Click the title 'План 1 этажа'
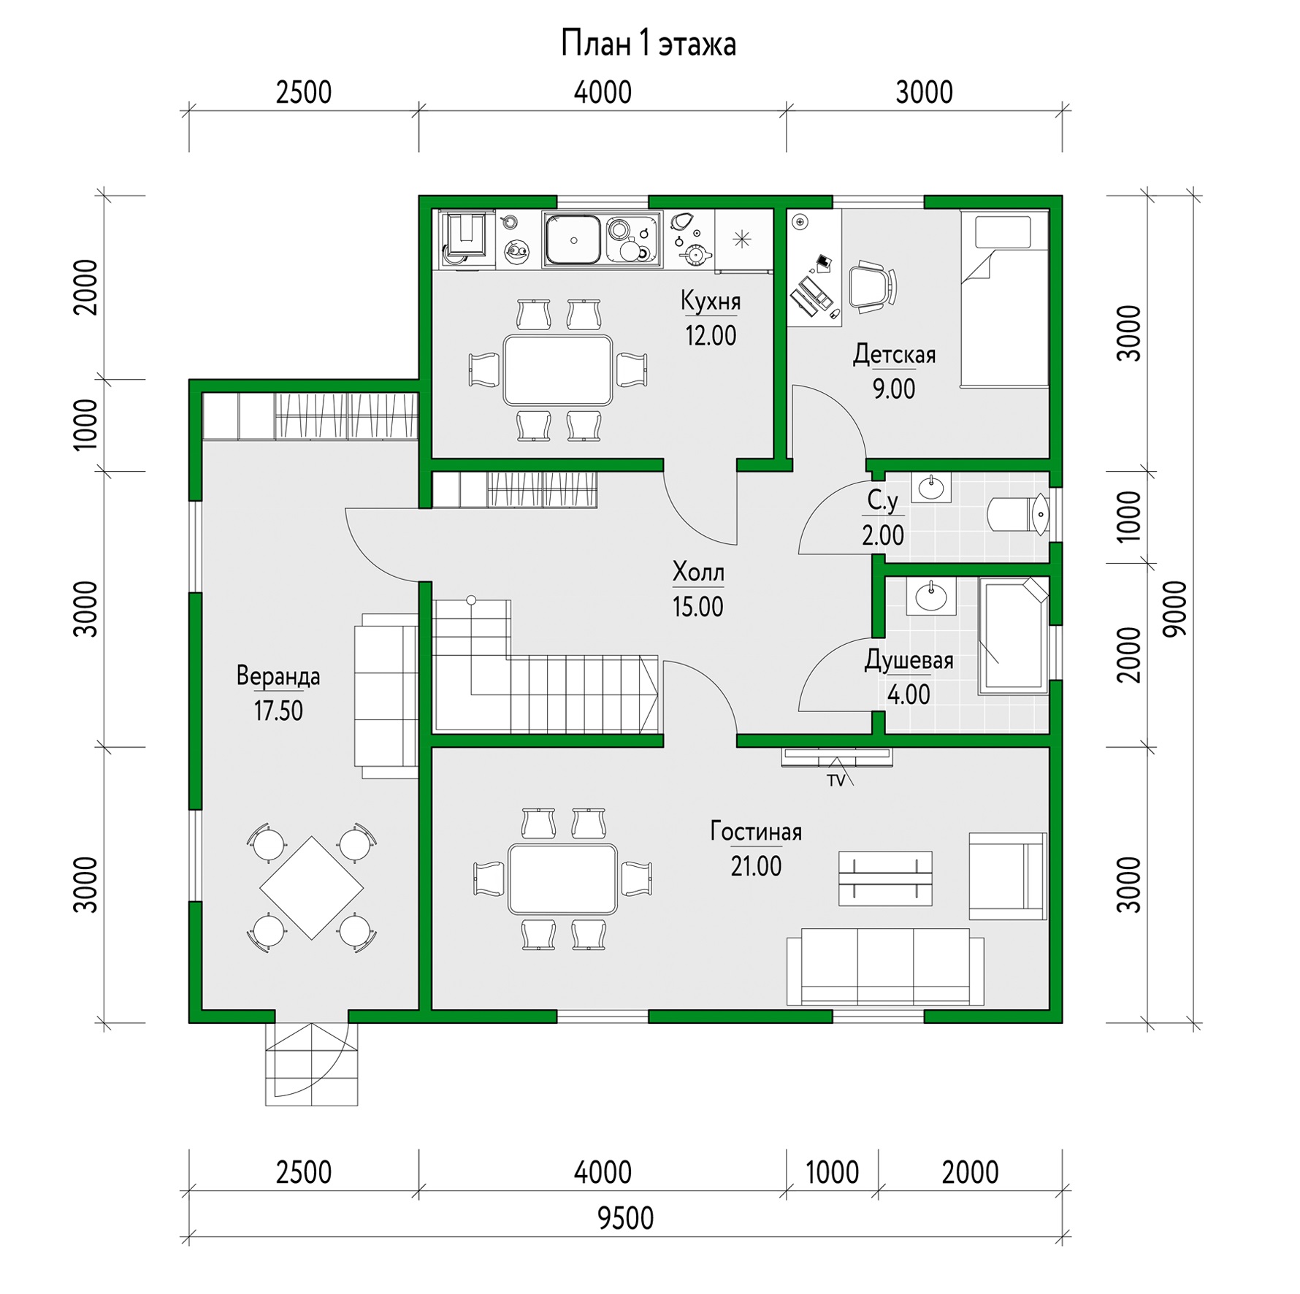point(649,44)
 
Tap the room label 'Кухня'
point(711,300)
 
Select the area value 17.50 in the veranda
point(278,711)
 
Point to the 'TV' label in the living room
point(836,781)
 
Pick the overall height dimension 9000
point(1175,609)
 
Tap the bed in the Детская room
point(1004,299)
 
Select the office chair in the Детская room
point(872,286)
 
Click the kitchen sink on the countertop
point(574,240)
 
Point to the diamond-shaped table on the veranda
point(312,887)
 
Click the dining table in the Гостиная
point(563,879)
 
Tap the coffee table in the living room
point(885,878)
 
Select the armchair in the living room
point(1008,876)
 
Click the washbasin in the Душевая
point(931,596)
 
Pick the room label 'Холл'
point(698,572)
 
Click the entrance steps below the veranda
point(312,1064)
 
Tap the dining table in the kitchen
point(558,370)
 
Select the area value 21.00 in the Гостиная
point(756,866)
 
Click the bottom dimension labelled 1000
point(832,1173)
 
